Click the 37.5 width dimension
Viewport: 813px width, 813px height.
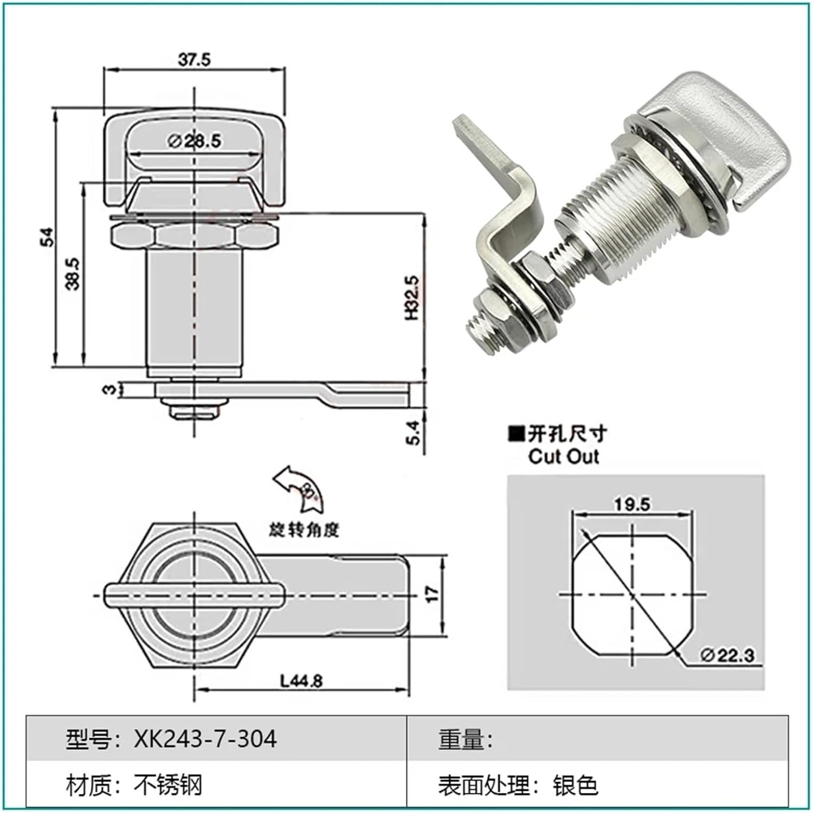(194, 59)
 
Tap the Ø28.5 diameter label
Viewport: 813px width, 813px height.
(195, 141)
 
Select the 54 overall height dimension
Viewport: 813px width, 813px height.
(48, 237)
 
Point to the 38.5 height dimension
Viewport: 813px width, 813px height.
(73, 274)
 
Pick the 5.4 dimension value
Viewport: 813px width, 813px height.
(413, 433)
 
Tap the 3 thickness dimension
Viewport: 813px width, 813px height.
(109, 389)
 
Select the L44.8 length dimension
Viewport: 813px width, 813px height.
(301, 681)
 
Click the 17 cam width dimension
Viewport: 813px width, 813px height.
(432, 594)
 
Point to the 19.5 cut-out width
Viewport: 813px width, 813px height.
(632, 505)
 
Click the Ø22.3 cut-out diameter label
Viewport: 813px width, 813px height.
(727, 655)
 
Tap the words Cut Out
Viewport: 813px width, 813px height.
(564, 456)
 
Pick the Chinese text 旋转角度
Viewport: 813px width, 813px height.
(304, 530)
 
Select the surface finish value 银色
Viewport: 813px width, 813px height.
(575, 785)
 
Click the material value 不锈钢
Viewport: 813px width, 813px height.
(168, 785)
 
